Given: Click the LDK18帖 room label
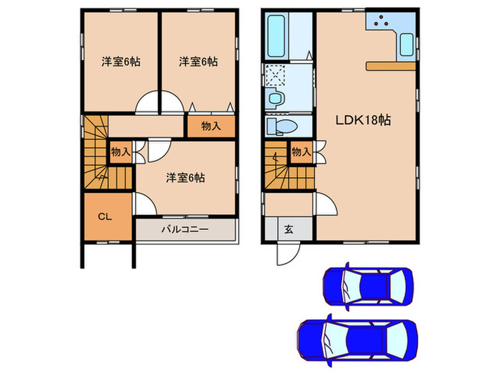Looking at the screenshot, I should coord(364,120).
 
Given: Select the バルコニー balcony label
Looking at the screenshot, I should coord(184,230).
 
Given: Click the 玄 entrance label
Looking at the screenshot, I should coord(289,230).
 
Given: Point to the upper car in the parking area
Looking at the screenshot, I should coord(368,286).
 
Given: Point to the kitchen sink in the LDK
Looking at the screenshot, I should coord(406,44).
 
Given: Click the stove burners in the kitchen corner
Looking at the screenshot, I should coord(380,21).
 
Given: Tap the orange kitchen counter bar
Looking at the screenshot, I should coord(391,66).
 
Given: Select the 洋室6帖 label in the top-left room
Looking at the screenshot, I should coord(120,61).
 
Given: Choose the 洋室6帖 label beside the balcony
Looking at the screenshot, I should coord(186,177).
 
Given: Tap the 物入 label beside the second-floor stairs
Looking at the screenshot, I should coord(120,151).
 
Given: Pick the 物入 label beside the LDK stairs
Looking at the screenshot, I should coord(301,151).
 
